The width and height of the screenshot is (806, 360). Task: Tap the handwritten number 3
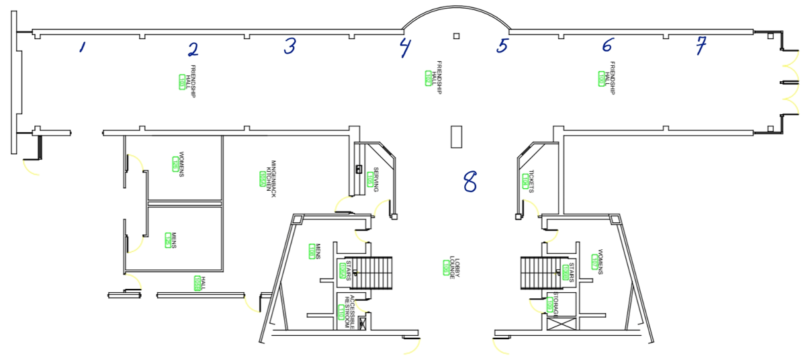pyautogui.click(x=289, y=46)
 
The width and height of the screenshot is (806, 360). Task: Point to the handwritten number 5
pyautogui.click(x=502, y=46)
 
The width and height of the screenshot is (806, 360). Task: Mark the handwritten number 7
pyautogui.click(x=701, y=46)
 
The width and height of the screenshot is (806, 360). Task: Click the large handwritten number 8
pyautogui.click(x=469, y=181)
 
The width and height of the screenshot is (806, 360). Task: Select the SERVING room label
pyautogui.click(x=374, y=179)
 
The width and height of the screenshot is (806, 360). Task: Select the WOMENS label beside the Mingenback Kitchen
pyautogui.click(x=178, y=163)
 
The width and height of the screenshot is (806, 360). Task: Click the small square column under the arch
pyautogui.click(x=456, y=36)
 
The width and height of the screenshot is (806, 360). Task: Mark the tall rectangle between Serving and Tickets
pyautogui.click(x=456, y=136)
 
